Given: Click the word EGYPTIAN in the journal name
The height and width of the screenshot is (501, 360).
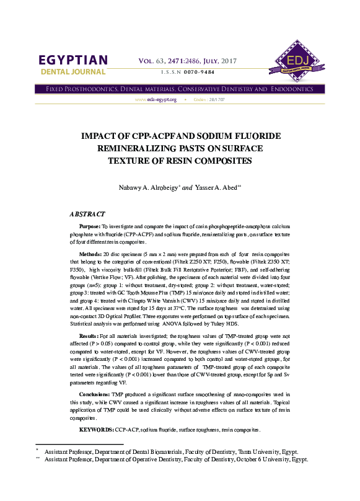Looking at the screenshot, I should (x=73, y=61).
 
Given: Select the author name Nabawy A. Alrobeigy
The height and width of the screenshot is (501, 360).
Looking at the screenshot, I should (x=142, y=187).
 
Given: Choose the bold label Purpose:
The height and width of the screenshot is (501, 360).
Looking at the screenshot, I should (x=90, y=228).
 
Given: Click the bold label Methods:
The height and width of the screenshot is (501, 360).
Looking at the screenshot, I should (x=91, y=255).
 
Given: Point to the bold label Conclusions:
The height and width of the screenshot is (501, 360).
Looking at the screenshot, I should (x=95, y=394).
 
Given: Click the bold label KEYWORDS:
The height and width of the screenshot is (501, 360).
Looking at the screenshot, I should (x=96, y=429).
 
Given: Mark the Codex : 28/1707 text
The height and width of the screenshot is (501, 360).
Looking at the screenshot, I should (x=208, y=100).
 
